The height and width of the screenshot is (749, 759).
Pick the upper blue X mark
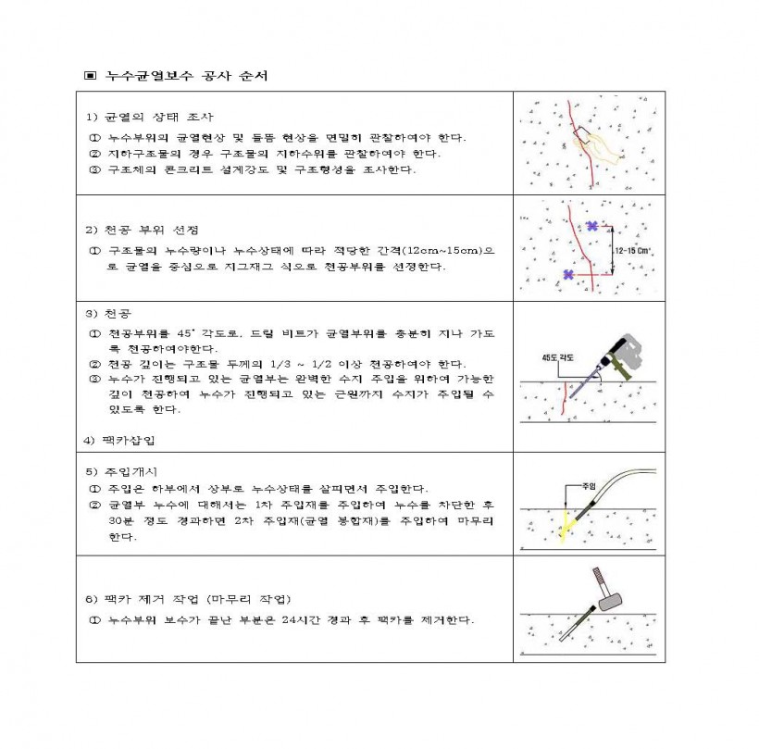591,226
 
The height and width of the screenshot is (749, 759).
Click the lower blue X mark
568,273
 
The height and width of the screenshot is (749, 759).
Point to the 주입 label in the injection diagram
588,485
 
